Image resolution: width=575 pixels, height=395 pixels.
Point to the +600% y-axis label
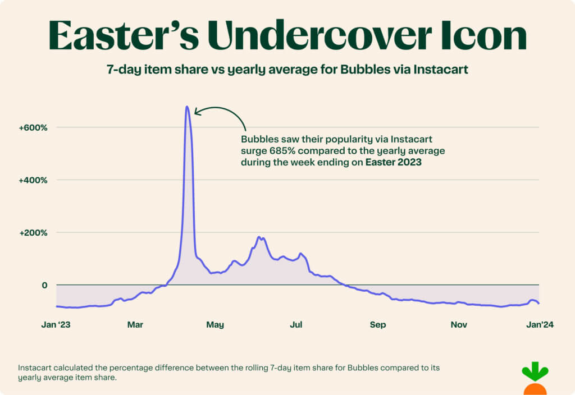coord(33,127)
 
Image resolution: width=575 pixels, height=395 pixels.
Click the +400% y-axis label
coord(33,180)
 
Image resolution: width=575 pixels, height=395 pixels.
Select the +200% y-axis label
coord(33,232)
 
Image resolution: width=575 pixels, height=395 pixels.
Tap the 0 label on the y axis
coord(44,285)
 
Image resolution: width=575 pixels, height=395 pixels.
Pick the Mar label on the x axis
coord(135,324)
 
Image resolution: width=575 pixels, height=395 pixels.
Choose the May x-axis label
coord(215,324)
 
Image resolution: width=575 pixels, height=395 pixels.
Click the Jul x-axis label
coord(296,324)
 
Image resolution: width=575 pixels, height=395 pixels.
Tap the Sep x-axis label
coord(378,324)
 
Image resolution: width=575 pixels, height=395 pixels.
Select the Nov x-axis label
coord(459,324)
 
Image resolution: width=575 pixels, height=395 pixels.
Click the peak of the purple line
coord(187,107)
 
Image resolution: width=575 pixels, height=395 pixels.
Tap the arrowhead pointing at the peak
coord(197,112)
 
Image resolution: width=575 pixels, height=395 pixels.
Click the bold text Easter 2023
coord(393,163)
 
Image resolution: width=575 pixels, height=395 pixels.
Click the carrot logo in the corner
coord(535,379)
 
